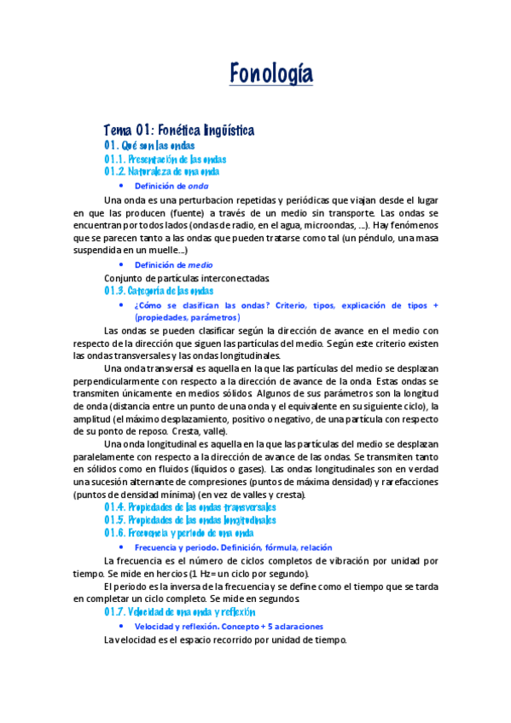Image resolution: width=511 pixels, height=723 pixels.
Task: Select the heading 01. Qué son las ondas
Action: point(154,146)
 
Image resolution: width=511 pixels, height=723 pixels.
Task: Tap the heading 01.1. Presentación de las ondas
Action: point(165,159)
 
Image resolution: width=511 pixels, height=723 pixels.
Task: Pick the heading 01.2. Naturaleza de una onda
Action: point(162,171)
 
